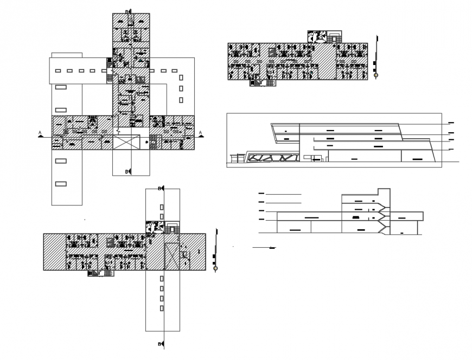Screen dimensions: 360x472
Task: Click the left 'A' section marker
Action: pyautogui.click(x=40, y=132)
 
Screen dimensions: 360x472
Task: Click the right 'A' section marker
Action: pyautogui.click(x=200, y=132)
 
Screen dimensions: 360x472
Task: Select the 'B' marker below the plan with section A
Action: pyautogui.click(x=127, y=172)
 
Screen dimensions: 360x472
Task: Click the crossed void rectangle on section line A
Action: pyautogui.click(x=126, y=143)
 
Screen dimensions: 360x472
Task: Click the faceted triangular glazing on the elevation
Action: pyautogui.click(x=273, y=158)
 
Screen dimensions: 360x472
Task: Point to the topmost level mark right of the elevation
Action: pyautogui.click(x=451, y=124)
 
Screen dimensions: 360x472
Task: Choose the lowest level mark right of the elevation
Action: pyautogui.click(x=451, y=150)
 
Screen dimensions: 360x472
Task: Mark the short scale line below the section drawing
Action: pyautogui.click(x=264, y=247)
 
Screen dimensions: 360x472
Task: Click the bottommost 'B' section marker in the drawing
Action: pyautogui.click(x=160, y=344)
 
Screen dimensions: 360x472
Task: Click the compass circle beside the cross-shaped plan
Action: pyautogui.click(x=215, y=269)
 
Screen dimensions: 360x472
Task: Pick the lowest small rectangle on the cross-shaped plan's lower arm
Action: pyautogui.click(x=161, y=308)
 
